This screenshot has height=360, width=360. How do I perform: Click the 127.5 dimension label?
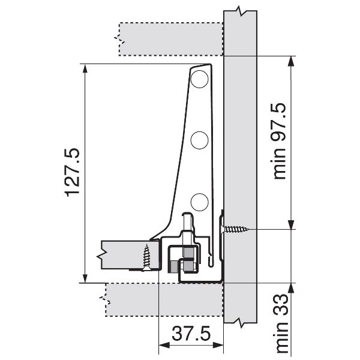coord(73,173)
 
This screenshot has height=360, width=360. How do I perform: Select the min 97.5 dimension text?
coord(278,141)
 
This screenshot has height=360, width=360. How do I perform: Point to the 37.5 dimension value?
coord(191,334)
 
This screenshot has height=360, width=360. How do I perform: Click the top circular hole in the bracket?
coord(199,79)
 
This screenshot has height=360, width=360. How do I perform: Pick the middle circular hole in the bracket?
coord(199,140)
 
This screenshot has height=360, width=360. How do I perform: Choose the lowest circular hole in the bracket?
coord(199,202)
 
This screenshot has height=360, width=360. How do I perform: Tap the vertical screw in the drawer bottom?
coord(146,257)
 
